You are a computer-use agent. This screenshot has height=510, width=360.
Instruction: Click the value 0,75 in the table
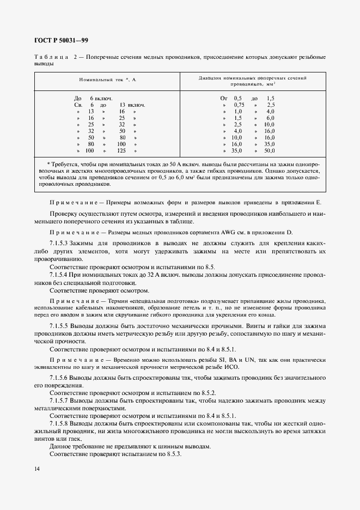[239, 105]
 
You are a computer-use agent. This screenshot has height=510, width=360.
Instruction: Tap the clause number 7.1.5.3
[60, 242]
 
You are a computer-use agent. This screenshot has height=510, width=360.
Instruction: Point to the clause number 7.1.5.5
[60, 325]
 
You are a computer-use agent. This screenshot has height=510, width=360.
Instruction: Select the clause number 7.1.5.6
[60, 377]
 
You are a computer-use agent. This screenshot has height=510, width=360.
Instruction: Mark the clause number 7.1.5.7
[60, 400]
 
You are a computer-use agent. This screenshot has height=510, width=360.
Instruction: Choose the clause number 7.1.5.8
[60, 423]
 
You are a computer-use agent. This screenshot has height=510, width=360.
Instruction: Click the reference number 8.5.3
[173, 454]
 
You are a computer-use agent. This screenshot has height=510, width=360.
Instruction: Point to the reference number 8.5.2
[207, 392]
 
